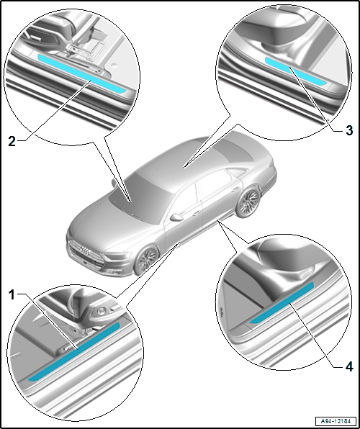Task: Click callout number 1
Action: click(x=12, y=296)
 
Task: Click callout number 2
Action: click(x=12, y=142)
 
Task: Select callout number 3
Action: click(x=349, y=130)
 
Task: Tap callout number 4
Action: click(x=349, y=367)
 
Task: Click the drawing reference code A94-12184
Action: click(x=336, y=420)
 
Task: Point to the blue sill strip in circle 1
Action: click(x=74, y=352)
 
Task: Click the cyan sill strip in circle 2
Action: click(x=82, y=74)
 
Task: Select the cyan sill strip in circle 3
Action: click(x=296, y=71)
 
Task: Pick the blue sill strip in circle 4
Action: click(x=282, y=303)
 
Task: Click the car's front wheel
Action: click(x=147, y=260)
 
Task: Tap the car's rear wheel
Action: click(x=248, y=202)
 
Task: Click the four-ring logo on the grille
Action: click(x=85, y=250)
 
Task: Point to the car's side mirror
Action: click(x=176, y=217)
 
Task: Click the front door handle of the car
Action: click(x=197, y=213)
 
